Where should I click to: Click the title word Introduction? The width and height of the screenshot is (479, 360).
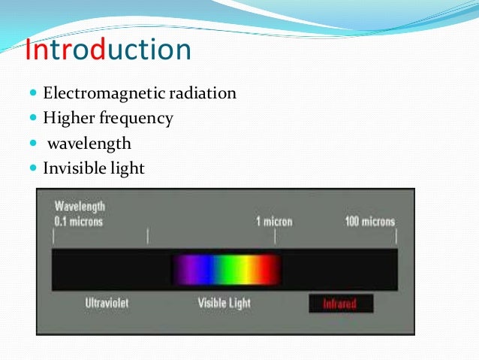pos(108,51)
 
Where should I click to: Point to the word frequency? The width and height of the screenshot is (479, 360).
pos(139,119)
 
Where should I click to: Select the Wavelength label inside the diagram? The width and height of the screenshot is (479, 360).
pos(80,207)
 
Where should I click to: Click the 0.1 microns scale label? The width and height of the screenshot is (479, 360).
pos(78,222)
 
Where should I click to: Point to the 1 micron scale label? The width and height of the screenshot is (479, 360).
pos(274,222)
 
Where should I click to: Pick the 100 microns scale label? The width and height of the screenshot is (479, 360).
pos(369,222)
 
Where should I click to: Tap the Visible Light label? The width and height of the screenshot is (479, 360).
pos(224,304)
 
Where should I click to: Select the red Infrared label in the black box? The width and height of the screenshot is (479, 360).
pos(339,304)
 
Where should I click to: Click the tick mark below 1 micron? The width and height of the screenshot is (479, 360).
pos(275,237)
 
